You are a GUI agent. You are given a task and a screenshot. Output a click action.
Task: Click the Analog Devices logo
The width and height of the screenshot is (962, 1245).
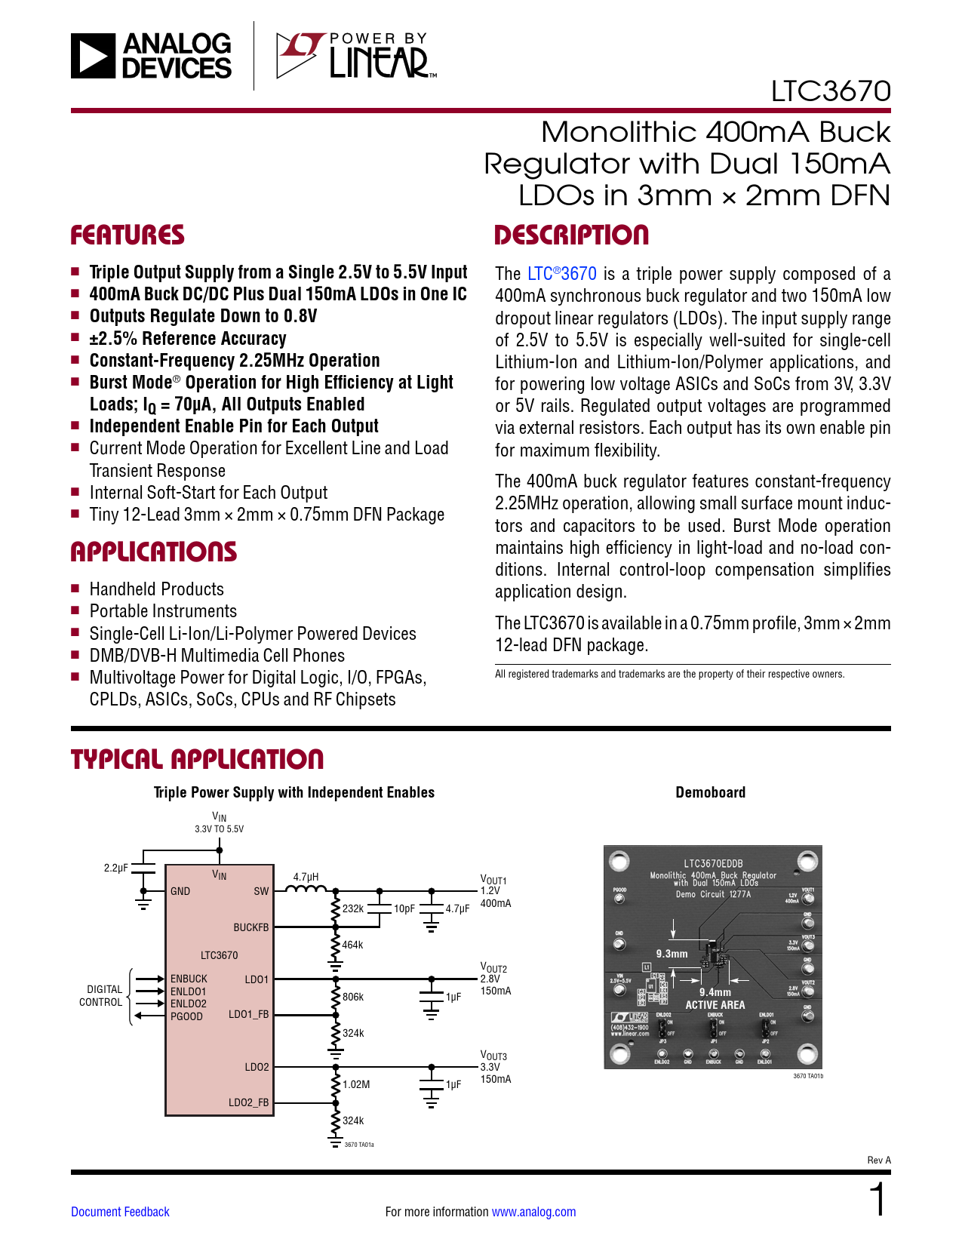(151, 56)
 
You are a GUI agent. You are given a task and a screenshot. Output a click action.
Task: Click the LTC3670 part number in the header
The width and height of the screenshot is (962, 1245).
(830, 91)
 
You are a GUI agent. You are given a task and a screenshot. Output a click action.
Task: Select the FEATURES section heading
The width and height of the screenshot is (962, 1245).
(128, 235)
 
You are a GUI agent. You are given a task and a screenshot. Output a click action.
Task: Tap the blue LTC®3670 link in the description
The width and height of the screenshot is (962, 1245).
(561, 274)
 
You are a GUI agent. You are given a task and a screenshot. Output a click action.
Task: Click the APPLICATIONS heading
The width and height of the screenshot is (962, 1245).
(154, 552)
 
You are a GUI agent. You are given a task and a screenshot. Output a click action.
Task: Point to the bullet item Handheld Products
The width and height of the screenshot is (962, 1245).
(156, 589)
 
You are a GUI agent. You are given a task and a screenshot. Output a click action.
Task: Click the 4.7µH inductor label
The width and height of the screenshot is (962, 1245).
(306, 877)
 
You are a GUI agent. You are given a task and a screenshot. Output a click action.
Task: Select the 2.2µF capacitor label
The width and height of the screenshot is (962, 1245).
(115, 868)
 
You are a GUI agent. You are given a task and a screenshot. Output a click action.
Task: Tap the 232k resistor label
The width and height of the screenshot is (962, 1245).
(353, 908)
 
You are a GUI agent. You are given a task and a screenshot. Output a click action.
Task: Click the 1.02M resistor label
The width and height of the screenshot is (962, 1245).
(356, 1084)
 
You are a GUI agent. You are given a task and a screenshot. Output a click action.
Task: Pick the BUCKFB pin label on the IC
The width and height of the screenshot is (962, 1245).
(250, 927)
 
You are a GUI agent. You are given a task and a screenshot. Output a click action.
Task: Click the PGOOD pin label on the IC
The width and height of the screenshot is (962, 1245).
(186, 1016)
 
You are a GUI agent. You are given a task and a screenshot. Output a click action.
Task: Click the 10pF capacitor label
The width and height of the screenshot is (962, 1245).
(404, 908)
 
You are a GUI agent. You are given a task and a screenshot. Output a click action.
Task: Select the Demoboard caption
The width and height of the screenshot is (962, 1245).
(710, 792)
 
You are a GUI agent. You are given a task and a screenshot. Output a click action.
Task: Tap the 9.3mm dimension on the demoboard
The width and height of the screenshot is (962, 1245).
(672, 954)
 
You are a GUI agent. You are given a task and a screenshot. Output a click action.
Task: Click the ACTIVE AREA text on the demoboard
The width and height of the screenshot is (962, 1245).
(715, 1005)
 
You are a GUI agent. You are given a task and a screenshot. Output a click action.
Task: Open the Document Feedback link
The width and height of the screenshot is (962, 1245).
(120, 1212)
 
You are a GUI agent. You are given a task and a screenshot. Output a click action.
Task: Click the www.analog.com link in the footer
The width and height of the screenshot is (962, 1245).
(533, 1212)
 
